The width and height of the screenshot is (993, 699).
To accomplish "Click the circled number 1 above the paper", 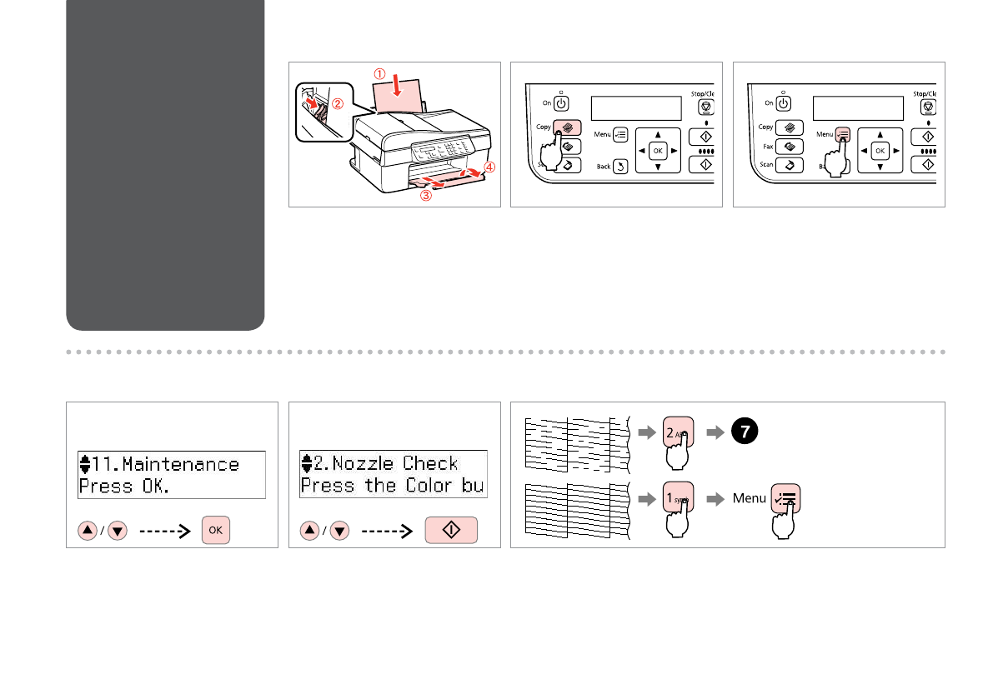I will click(x=379, y=73).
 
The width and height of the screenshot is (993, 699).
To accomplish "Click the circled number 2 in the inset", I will click(x=338, y=105).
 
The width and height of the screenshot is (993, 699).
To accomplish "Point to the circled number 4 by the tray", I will click(x=489, y=167).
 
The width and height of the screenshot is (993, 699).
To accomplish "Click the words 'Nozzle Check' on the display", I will click(x=395, y=464).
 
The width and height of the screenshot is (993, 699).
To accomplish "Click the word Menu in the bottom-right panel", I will click(x=749, y=498).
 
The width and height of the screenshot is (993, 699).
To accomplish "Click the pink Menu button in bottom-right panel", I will click(x=785, y=497).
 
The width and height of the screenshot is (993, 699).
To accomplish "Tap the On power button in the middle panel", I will click(x=561, y=103).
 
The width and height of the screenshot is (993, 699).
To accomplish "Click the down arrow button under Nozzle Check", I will click(x=339, y=531).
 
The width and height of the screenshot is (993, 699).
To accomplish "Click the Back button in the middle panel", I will click(x=621, y=167).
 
